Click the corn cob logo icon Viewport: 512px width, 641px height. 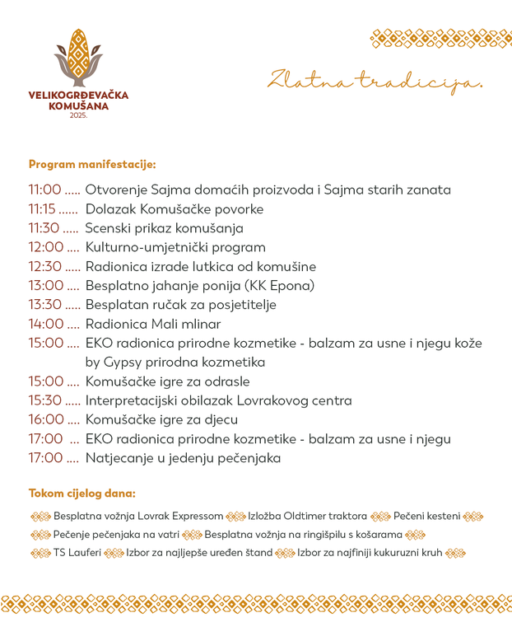coord(79,56)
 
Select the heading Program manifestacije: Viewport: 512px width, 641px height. coord(91,164)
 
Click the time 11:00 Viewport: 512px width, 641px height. coord(44,189)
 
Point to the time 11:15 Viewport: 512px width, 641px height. coord(43,209)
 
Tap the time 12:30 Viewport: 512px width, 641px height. coord(44,266)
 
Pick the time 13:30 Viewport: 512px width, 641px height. coord(44,305)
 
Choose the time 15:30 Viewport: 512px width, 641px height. coord(44,400)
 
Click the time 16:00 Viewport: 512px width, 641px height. coord(44,419)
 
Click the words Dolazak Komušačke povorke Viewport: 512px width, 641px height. coord(174,209)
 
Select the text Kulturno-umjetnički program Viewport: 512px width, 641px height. coord(175,247)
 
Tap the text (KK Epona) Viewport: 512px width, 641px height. coord(283,286)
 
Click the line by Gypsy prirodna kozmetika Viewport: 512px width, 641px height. coord(175,362)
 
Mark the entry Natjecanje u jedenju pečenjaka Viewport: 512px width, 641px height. coord(183,458)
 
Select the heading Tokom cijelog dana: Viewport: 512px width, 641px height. coord(82,494)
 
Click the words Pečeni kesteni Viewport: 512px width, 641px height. coord(426,517)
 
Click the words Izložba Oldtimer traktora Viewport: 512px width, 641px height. coord(307,517)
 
